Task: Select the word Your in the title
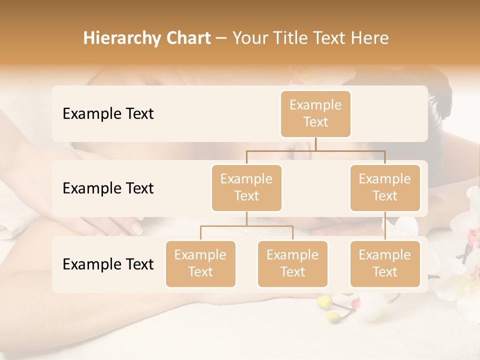[249, 38]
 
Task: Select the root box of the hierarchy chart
[315, 114]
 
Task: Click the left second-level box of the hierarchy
[246, 188]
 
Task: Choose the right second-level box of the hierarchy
[385, 188]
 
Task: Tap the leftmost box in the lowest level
[200, 264]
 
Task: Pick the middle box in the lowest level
[292, 264]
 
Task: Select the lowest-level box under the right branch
[385, 264]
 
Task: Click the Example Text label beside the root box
[108, 114]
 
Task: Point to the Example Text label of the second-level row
[108, 188]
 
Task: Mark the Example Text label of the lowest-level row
[108, 264]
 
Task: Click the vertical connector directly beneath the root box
[315, 144]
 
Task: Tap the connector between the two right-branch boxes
[385, 226]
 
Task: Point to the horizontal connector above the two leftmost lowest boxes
[246, 226]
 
